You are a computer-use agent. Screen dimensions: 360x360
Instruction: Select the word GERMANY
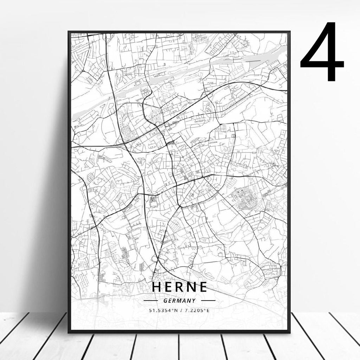click(180, 301)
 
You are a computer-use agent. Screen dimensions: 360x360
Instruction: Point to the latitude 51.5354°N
click(163, 310)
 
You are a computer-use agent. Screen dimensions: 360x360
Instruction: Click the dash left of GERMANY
click(152, 301)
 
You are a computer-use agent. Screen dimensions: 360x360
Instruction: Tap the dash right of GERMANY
click(208, 301)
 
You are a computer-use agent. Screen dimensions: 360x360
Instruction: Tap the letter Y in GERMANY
click(194, 301)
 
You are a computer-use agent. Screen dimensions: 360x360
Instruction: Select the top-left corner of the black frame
click(69, 32)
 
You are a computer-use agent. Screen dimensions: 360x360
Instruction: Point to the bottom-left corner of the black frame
click(69, 332)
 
